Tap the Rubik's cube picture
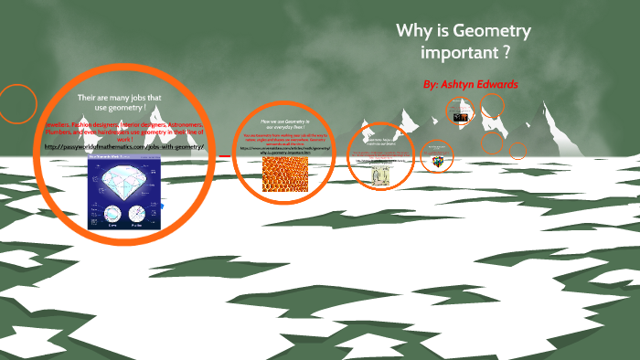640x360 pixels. coord(438,160)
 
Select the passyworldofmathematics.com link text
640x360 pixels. coord(124,146)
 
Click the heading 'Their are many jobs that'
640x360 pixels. coord(119,98)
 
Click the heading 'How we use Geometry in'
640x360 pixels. coord(285,121)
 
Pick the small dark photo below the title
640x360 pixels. coord(461,116)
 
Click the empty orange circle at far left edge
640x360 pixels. coord(16,103)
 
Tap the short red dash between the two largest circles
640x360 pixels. coord(224,155)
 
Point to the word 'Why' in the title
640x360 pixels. coord(412,31)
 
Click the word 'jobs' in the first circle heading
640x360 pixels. coord(136,98)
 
